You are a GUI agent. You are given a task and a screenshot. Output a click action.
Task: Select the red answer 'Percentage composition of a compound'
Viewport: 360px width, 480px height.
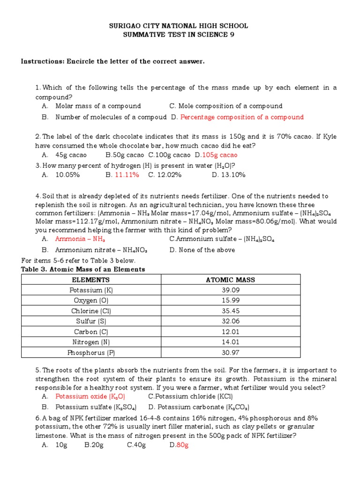(x=242, y=117)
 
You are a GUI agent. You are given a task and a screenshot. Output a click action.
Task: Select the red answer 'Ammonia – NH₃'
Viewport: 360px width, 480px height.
(x=80, y=239)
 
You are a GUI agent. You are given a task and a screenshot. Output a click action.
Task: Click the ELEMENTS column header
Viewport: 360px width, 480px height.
(x=91, y=280)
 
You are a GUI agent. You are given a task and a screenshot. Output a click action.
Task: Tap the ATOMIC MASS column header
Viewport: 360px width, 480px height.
(x=230, y=280)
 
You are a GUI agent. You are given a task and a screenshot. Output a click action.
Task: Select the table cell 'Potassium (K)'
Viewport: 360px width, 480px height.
(x=91, y=290)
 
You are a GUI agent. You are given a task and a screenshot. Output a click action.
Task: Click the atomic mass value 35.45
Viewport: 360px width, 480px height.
(x=230, y=311)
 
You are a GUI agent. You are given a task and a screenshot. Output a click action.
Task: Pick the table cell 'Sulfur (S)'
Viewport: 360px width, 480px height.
(x=91, y=321)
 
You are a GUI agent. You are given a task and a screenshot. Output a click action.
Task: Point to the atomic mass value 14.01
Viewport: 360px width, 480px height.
(x=230, y=342)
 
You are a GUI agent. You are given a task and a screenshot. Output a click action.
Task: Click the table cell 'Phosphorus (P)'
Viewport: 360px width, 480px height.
(x=91, y=352)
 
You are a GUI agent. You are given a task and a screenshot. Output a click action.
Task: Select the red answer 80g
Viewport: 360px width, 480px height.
(x=182, y=445)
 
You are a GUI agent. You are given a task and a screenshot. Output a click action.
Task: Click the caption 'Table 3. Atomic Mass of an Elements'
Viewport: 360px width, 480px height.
(x=83, y=270)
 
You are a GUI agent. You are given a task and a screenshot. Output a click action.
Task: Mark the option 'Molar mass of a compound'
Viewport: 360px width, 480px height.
(x=97, y=106)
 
